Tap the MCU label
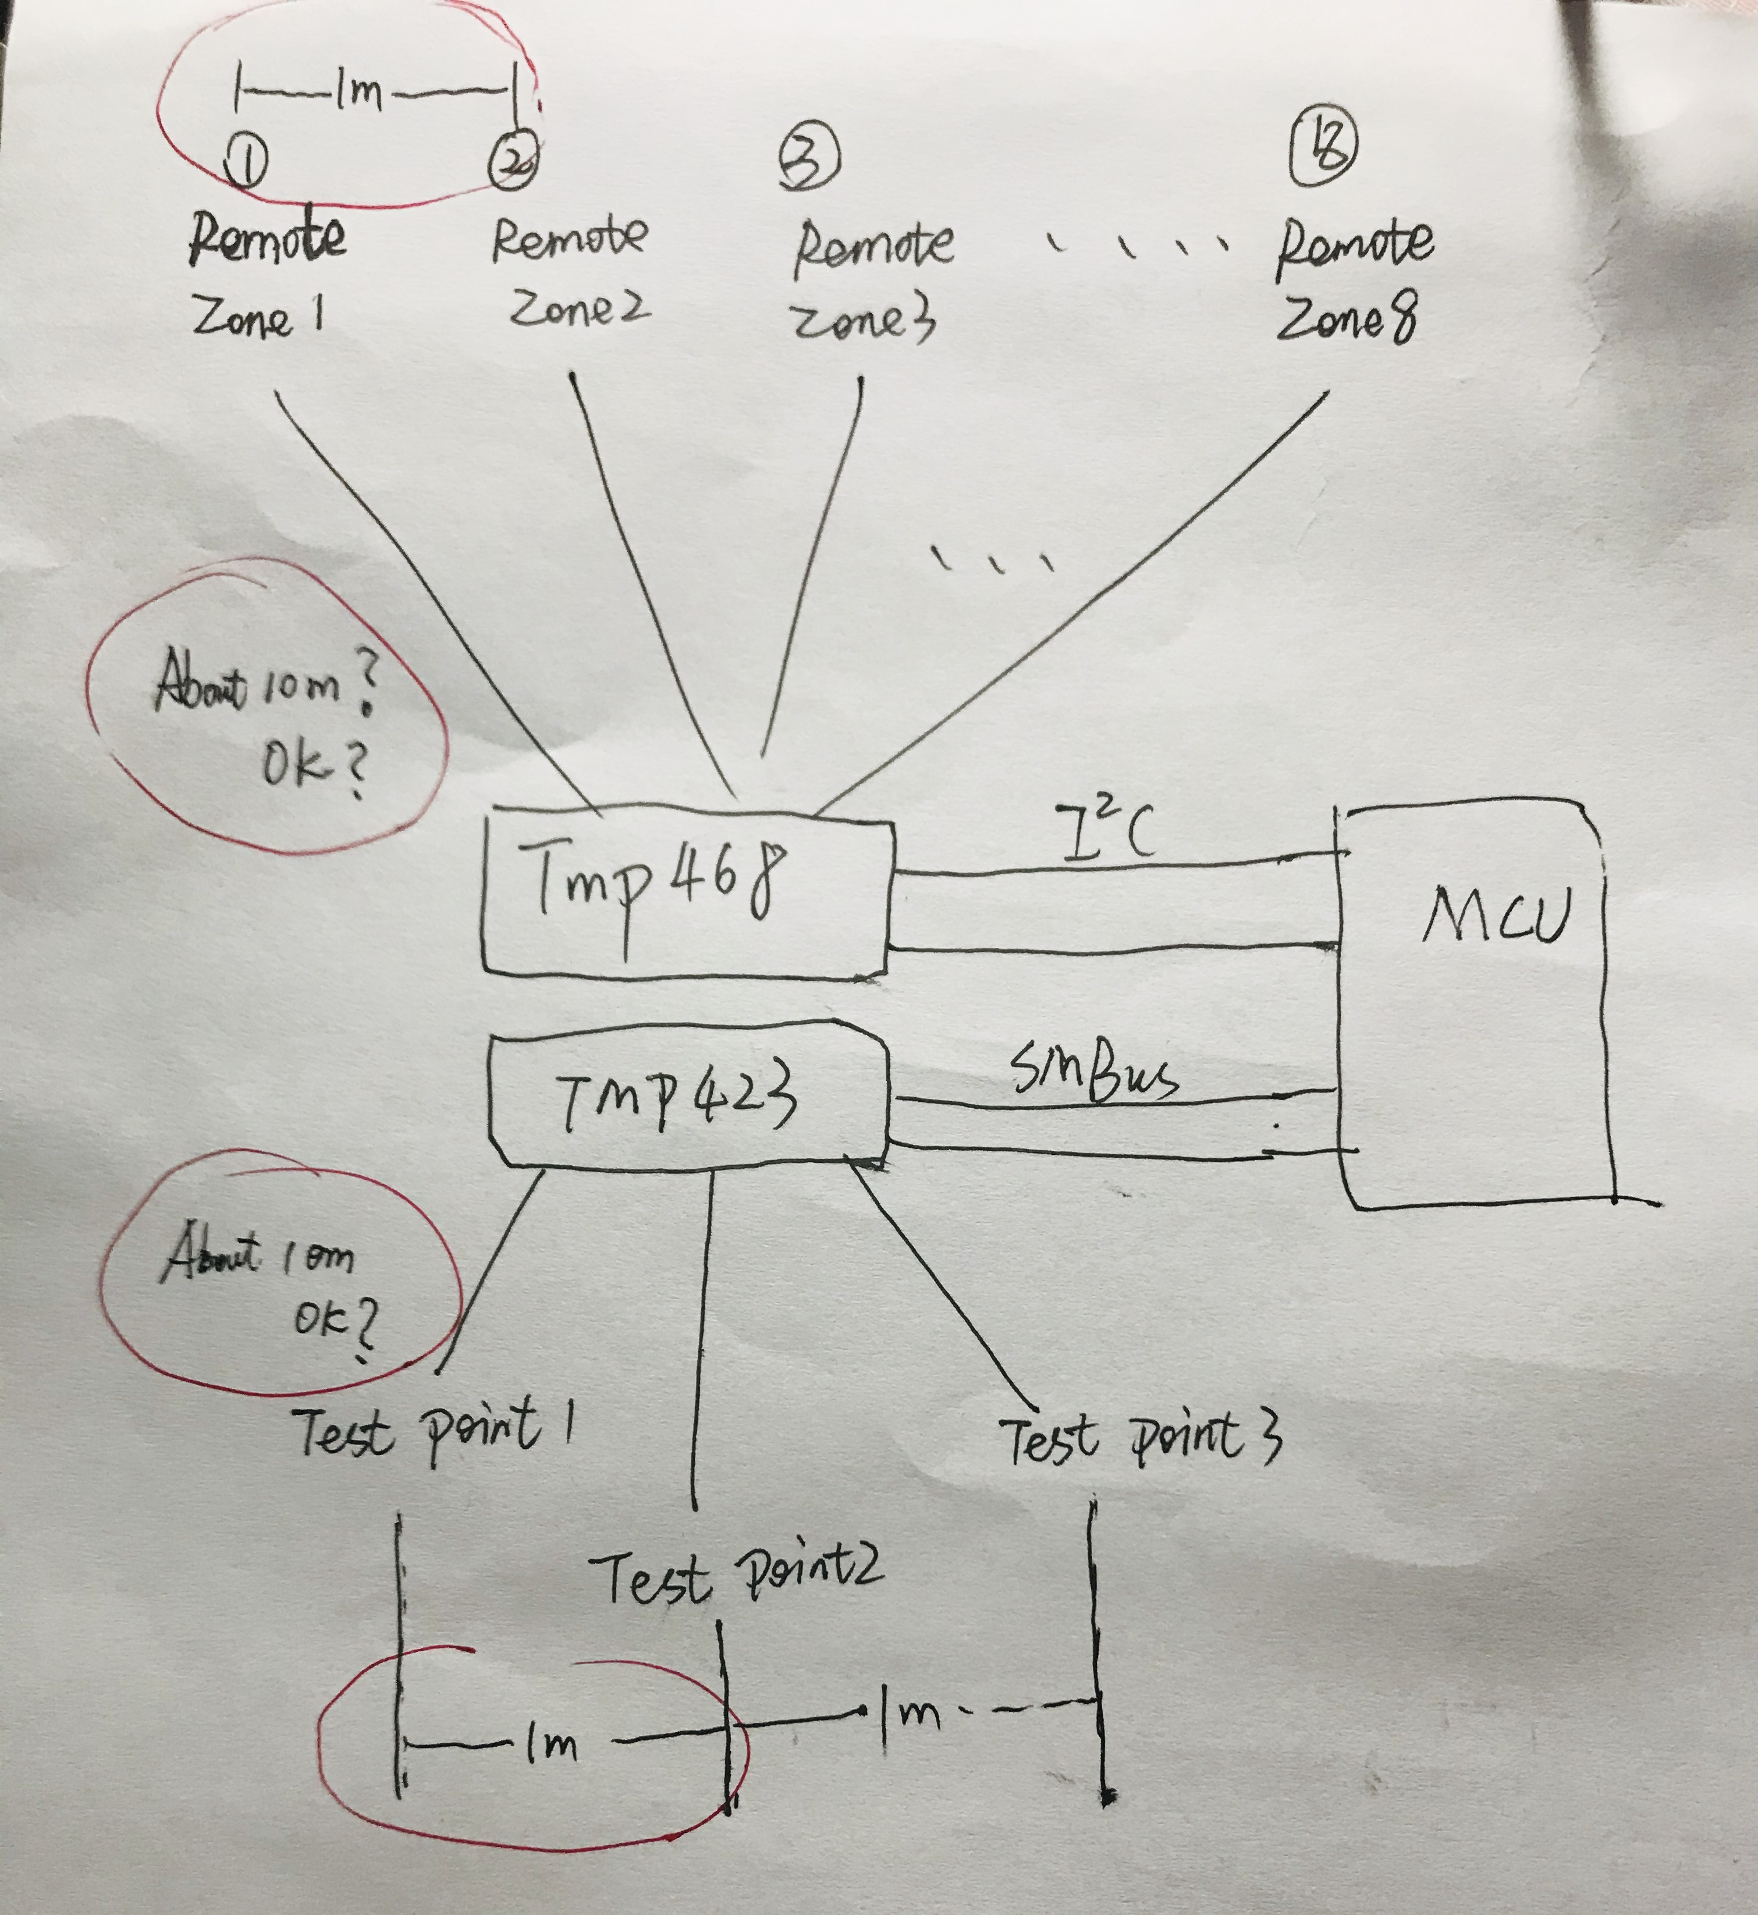[1494, 916]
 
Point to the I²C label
[1106, 831]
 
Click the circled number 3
[809, 158]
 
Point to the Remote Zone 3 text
[871, 280]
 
